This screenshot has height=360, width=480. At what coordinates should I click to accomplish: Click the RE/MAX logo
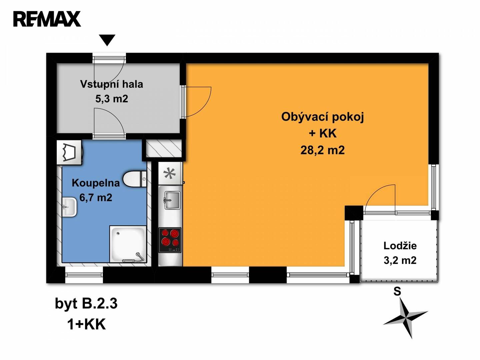tap(47, 19)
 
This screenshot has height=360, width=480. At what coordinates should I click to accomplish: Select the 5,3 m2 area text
tap(112, 99)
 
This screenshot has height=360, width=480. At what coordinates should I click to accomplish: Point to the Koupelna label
tap(96, 183)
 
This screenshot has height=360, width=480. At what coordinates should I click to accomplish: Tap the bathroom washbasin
tap(69, 207)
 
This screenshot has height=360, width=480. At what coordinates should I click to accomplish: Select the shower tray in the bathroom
tap(128, 244)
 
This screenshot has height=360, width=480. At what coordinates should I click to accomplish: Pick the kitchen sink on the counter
tap(172, 200)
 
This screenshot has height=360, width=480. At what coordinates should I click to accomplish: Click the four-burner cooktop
tap(170, 240)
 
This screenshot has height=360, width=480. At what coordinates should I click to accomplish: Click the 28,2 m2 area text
tap(323, 150)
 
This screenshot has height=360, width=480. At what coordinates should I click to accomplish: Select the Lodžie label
tap(400, 246)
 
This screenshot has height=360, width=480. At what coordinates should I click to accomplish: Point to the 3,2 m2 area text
tap(400, 261)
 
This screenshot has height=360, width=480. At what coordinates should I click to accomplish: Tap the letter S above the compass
tap(397, 292)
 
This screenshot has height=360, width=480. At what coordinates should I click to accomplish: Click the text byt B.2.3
tap(86, 304)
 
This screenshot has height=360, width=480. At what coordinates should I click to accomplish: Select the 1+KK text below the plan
tap(87, 325)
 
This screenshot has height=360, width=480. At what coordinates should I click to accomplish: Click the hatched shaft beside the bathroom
tap(164, 149)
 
